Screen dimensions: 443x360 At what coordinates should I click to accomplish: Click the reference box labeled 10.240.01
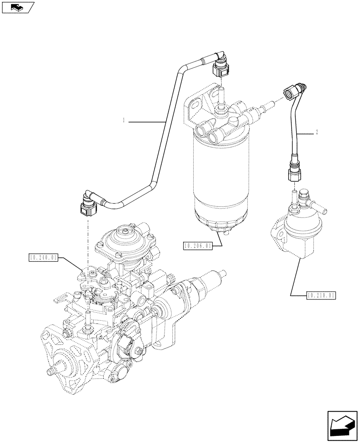pyautogui.click(x=43, y=257)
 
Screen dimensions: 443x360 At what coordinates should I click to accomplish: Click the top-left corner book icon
pyautogui.click(x=17, y=7)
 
